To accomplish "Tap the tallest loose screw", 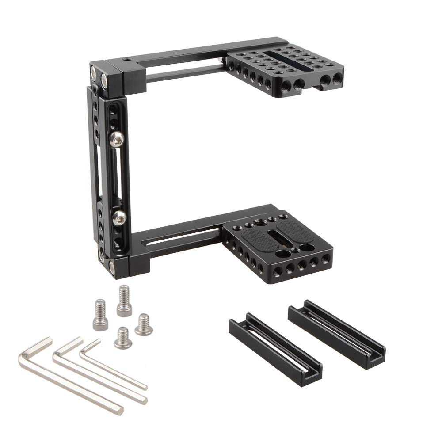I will pos(124,301).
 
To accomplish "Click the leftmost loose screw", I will pos(100,315).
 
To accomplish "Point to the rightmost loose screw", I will pos(143,324).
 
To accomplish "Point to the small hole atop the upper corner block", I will pos(127,59).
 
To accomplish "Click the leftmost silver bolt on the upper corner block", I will pos(94,71).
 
